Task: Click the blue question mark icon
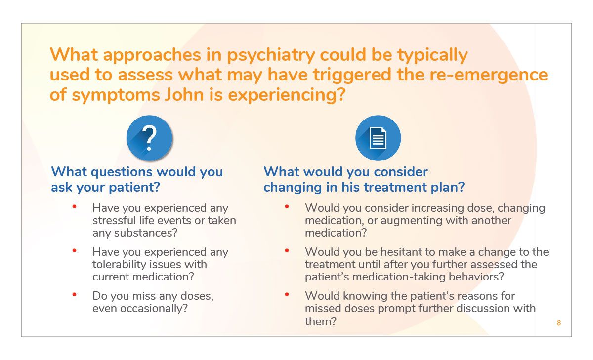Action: [150, 138]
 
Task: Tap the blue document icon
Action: [378, 138]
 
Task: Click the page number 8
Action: [559, 323]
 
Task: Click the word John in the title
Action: [184, 94]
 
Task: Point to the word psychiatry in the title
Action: [271, 55]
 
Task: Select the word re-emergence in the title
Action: [488, 75]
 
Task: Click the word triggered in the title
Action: [352, 75]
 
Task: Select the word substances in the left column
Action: [143, 233]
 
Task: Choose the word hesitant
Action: [402, 252]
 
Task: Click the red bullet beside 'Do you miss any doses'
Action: [75, 294]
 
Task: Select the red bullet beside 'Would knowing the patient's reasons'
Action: [287, 294]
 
